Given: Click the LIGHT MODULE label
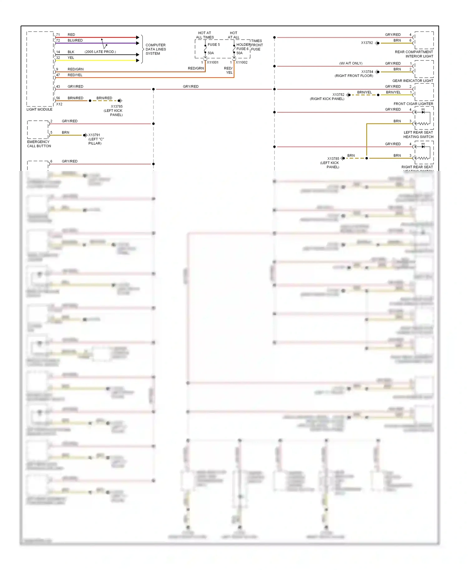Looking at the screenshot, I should coord(39,109).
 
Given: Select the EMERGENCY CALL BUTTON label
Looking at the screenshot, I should coord(39,144).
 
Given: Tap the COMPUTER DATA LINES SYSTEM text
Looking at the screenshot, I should coord(156,49).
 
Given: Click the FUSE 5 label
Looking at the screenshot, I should coord(214,45).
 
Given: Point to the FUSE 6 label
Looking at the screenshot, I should coord(242,49).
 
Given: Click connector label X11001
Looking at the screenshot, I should coord(213,62).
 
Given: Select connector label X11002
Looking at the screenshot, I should coord(241,62).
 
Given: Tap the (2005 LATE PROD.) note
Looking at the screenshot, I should coord(100,52).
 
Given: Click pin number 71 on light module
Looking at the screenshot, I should coord(58,35).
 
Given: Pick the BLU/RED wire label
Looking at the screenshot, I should coord(75,41).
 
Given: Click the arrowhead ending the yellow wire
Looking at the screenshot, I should coord(138,60).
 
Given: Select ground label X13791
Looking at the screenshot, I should coord(94,135).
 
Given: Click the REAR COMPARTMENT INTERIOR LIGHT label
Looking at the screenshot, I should coord(414,54).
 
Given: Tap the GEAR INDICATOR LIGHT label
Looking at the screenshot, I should coord(413,81).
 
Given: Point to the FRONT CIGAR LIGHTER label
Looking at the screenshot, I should coord(413,104).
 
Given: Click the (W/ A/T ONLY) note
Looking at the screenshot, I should coord(351,63).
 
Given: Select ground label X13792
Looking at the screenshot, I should coord(367,43).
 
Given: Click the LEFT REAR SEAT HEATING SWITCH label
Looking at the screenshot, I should coord(418,135).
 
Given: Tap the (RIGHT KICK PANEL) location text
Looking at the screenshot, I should coord(327,99).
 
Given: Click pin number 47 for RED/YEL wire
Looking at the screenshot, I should coord(58,75).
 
